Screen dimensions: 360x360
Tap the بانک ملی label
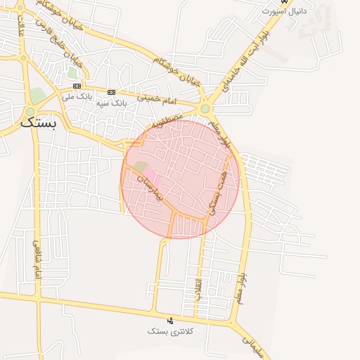tap(77, 97)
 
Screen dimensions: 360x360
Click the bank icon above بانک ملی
tap(77, 86)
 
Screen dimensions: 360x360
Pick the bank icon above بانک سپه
tap(111, 92)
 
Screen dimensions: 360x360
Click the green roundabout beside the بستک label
tap(30, 112)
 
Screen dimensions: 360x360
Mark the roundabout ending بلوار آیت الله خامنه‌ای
tap(205, 109)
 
